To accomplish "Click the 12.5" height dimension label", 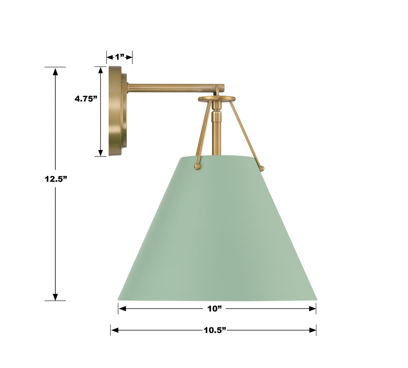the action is pyautogui.click(x=56, y=179).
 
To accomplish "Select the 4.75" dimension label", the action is pyautogui.click(x=86, y=99).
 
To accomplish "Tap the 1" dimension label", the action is pyautogui.click(x=120, y=57).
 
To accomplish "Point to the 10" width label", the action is pyautogui.click(x=215, y=309).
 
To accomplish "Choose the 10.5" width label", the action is pyautogui.click(x=215, y=330).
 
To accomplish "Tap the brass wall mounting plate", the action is pyautogui.click(x=118, y=111).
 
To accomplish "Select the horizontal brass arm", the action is pyautogui.click(x=176, y=87).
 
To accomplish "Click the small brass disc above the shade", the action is pyautogui.click(x=216, y=99).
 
